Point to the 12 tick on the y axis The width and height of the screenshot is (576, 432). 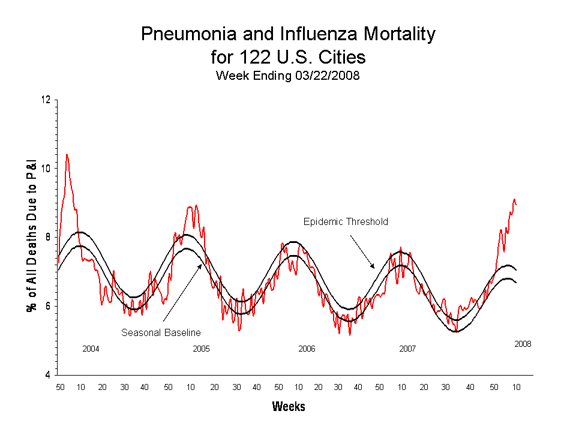pos(46,100)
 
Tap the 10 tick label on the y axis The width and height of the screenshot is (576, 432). pos(46,169)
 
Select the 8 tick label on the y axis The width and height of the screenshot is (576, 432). pos(48,238)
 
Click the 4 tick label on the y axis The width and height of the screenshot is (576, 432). pos(48,376)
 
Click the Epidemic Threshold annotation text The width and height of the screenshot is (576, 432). pos(346,222)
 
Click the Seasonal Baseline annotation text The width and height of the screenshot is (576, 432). pos(161,332)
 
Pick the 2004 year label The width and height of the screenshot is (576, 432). pos(91,349)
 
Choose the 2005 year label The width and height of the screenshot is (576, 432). pos(201,349)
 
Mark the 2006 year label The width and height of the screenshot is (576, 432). pos(307,349)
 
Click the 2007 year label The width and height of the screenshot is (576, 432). pos(407,349)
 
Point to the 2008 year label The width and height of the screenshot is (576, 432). pos(523,344)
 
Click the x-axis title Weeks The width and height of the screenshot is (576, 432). pos(289,407)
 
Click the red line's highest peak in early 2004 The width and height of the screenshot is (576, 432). pos(67,155)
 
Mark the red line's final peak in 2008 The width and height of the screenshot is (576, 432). pos(514,200)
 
